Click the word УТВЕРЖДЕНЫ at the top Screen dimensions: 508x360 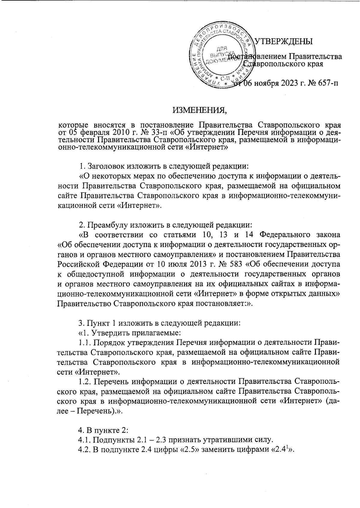pos(284,41)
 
